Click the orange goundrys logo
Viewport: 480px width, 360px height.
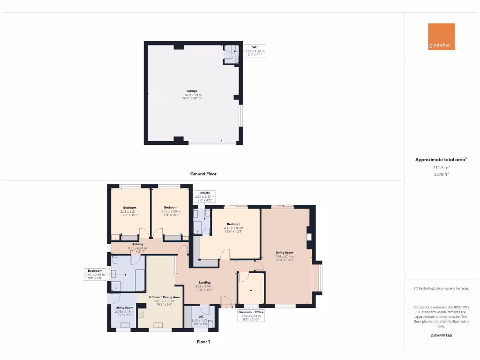(441, 37)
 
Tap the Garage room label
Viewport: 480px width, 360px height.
(192, 91)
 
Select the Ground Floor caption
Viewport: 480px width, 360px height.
(203, 174)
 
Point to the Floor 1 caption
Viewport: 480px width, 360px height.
(203, 342)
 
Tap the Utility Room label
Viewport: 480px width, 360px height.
(125, 308)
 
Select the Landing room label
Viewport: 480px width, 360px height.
(204, 283)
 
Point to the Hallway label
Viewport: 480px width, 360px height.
(137, 244)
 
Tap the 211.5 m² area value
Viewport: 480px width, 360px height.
(441, 167)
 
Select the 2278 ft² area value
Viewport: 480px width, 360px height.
(441, 174)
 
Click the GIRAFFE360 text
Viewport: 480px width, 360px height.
(441, 336)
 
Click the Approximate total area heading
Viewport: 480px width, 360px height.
(441, 160)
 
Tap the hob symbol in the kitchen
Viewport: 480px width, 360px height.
(141, 314)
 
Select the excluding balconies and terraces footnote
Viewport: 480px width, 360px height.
(441, 288)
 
